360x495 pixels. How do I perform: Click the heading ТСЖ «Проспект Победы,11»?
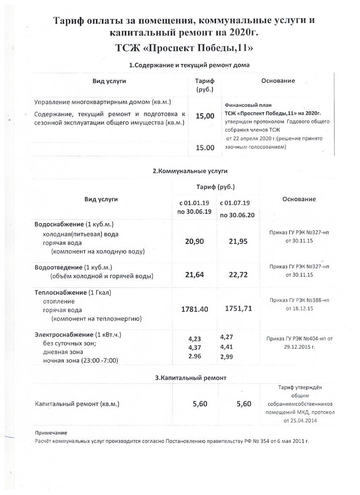pos(184,48)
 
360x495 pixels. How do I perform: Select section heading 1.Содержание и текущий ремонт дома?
pos(189,65)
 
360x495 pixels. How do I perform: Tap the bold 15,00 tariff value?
pos(205,116)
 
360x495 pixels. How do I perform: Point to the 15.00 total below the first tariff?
pos(205,148)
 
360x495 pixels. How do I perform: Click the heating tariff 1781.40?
pos(194,309)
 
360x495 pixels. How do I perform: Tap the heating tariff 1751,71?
pos(238,309)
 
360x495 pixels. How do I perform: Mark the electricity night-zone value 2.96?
pos(194,356)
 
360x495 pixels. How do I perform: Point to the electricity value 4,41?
pos(227,347)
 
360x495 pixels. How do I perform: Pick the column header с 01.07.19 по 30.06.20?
pos(237,209)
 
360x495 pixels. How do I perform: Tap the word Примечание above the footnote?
pos(51,433)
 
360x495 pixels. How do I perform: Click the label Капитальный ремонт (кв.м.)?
pos(77,404)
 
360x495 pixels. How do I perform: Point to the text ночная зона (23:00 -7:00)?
pos(80,361)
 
